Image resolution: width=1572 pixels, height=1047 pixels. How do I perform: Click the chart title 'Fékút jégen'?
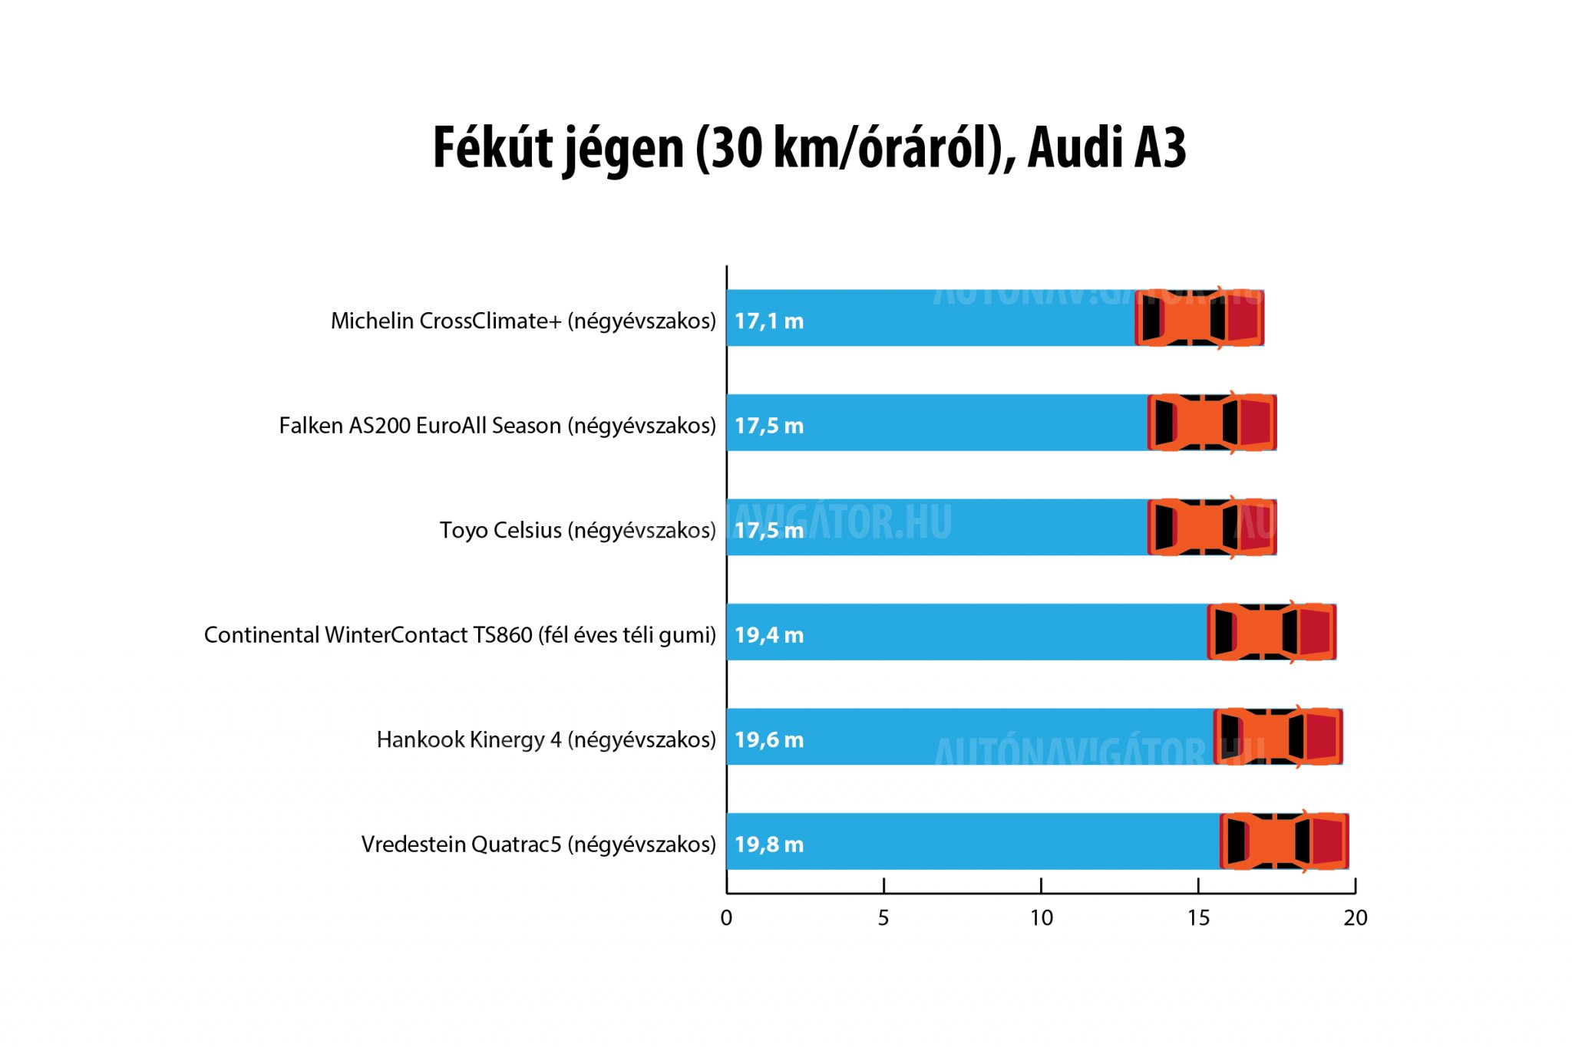809,147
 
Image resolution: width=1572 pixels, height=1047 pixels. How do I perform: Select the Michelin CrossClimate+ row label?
523,321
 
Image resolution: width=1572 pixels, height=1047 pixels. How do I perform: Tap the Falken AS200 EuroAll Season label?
497,425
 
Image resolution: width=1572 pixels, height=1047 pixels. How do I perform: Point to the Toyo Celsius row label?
577,530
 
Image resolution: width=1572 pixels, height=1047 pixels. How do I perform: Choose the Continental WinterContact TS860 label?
459,635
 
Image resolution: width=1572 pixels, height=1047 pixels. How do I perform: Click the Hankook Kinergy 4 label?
546,739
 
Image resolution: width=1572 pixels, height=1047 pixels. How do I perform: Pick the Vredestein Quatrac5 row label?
538,845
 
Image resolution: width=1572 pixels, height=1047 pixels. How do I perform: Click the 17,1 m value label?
768,321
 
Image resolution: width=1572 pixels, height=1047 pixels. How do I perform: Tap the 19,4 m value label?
768,635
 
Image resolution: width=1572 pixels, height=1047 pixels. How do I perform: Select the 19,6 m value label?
768,739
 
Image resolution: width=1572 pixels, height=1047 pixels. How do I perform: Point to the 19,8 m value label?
768,845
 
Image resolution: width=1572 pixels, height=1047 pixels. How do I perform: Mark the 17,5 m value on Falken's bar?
768,426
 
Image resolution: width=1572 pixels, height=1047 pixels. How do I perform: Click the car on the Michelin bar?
1199,318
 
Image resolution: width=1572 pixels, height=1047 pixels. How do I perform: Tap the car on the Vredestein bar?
1284,841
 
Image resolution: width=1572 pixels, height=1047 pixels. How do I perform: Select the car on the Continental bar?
1272,632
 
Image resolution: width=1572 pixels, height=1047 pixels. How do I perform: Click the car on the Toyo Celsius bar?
1212,527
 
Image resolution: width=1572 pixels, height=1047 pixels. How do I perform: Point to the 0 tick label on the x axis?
726,918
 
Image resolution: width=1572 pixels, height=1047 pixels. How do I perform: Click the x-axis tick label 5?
883,918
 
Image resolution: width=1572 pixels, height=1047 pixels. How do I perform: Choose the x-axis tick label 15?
1198,918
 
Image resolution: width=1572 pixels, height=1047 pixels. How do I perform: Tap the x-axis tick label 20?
1356,918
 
